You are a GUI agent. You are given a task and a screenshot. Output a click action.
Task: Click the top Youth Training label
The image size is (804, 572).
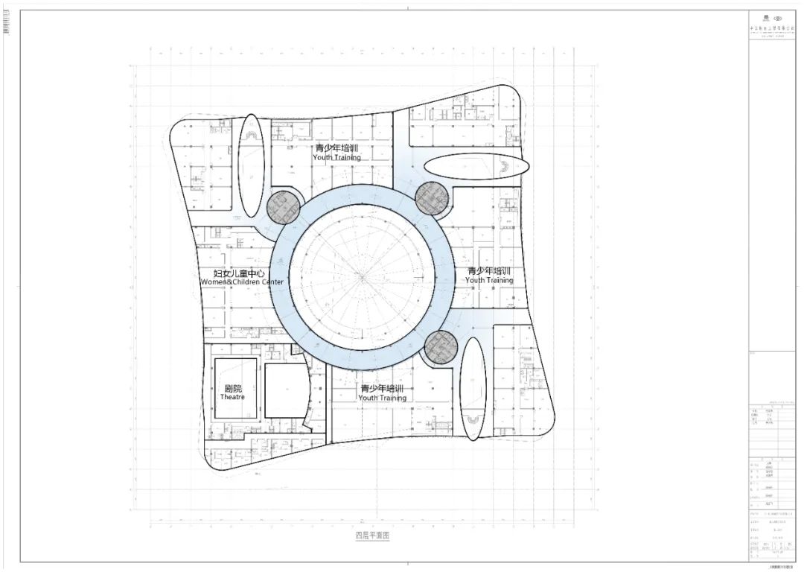[336, 157]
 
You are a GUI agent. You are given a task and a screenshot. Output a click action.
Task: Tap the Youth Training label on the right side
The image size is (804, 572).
[489, 280]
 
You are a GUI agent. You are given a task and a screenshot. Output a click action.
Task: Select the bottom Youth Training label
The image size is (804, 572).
[382, 398]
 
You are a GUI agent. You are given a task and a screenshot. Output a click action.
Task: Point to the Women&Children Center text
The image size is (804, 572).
[242, 282]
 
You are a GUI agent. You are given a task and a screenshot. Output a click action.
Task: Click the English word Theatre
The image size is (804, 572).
[232, 397]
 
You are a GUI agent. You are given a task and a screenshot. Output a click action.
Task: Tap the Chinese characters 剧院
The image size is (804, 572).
[233, 388]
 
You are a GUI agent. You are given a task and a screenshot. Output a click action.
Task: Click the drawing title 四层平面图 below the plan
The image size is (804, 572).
[372, 536]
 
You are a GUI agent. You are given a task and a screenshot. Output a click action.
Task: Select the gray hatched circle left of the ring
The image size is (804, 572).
[282, 207]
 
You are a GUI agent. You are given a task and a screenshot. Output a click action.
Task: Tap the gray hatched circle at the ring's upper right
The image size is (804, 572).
[433, 198]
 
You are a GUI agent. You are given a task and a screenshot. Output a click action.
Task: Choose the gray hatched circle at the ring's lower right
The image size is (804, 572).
[441, 347]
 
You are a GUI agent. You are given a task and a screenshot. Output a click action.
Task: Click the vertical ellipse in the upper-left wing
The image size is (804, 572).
[250, 164]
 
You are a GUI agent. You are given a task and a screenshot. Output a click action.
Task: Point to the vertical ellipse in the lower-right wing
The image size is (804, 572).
[473, 387]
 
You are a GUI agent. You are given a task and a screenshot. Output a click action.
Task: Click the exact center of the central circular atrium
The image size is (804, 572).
[363, 277]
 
